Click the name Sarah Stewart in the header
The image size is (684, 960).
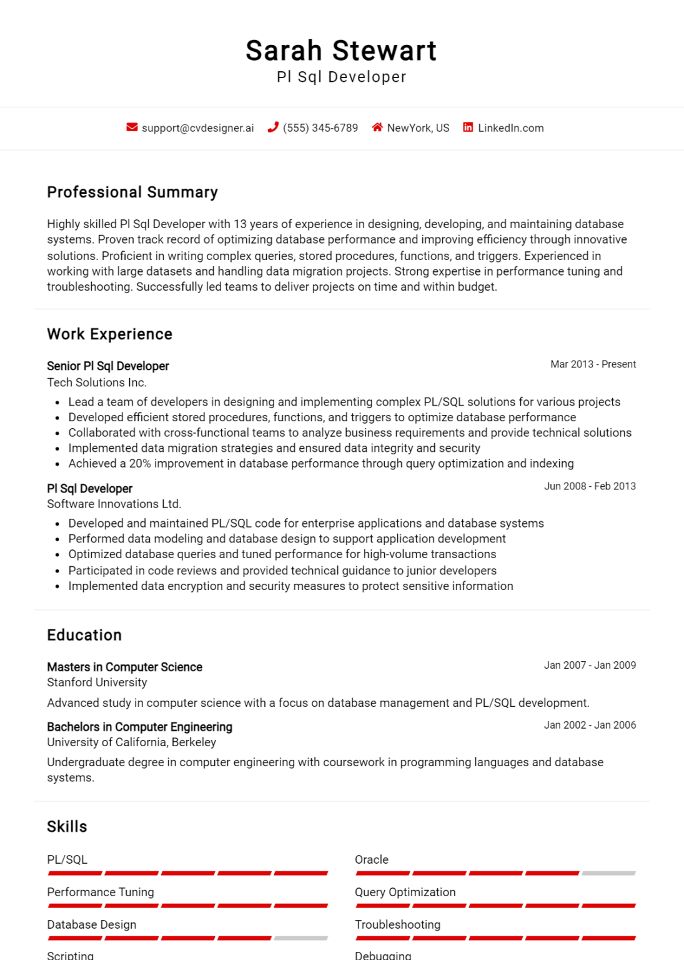[x=341, y=51]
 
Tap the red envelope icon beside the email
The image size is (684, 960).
[x=132, y=127]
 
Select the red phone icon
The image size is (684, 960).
[x=273, y=127]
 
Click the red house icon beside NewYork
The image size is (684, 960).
[x=377, y=127]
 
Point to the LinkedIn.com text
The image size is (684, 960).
[x=510, y=128]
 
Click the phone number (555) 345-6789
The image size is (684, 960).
[x=320, y=128]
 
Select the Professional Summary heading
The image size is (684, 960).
[x=132, y=192]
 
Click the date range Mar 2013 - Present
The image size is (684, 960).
[x=593, y=364]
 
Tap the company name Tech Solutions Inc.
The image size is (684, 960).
[x=97, y=382]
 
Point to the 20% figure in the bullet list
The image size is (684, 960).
[x=140, y=464]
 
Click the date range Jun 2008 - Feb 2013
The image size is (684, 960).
[x=590, y=486]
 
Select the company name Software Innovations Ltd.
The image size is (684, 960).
[x=114, y=504]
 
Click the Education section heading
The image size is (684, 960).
[x=84, y=635]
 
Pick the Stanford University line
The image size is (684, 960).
[x=97, y=682]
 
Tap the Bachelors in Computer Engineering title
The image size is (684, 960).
[x=139, y=727]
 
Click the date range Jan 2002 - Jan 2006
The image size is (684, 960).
[x=590, y=725]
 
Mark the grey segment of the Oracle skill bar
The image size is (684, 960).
[x=608, y=873]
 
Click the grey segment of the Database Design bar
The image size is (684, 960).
[x=300, y=938]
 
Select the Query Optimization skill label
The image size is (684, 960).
[x=405, y=892]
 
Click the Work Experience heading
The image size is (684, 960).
[x=109, y=334]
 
